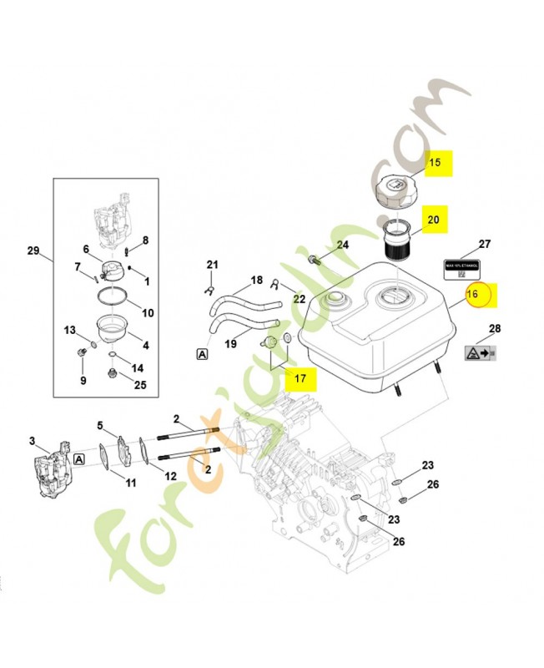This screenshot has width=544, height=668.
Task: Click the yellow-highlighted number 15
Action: (x=435, y=163)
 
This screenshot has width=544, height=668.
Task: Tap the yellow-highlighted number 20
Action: (x=432, y=220)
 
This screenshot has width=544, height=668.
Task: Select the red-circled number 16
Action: (x=474, y=294)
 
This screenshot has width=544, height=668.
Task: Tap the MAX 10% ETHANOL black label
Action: (x=461, y=269)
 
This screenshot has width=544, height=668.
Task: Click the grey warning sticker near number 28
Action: (x=479, y=354)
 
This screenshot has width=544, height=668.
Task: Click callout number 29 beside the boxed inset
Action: (x=33, y=251)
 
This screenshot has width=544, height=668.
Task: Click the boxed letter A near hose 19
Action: (x=202, y=354)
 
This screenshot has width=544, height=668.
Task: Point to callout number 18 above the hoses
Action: (x=257, y=280)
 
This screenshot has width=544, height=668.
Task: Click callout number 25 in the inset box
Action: (x=140, y=385)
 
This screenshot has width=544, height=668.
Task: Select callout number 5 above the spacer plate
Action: (x=100, y=425)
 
